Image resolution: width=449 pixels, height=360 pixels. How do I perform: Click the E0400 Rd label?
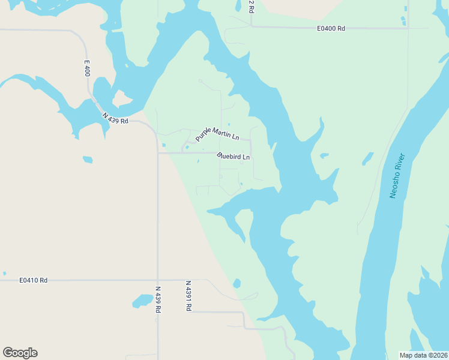(x=331, y=28)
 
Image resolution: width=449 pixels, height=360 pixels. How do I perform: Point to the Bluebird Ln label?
(x=234, y=157)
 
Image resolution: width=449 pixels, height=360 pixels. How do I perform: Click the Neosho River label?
(x=397, y=176)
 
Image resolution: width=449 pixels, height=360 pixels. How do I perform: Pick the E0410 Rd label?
(x=33, y=280)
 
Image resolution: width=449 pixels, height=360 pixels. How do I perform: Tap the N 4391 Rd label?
(x=188, y=295)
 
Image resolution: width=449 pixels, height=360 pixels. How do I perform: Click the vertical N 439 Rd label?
(x=158, y=298)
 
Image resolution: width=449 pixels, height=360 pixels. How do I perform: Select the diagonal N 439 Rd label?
(x=115, y=118)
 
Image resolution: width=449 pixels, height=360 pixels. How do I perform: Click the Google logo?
(x=20, y=353)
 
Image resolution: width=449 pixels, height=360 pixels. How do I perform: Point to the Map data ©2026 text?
(x=423, y=355)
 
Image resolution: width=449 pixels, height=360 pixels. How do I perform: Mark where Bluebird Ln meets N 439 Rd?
(x=158, y=152)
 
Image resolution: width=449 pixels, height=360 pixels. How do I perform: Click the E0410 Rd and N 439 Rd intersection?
(x=158, y=280)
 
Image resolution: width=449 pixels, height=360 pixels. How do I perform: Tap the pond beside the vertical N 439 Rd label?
(x=142, y=300)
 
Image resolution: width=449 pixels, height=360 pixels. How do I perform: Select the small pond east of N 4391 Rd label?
(x=237, y=283)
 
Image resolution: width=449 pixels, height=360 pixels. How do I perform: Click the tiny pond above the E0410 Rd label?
(x=5, y=272)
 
